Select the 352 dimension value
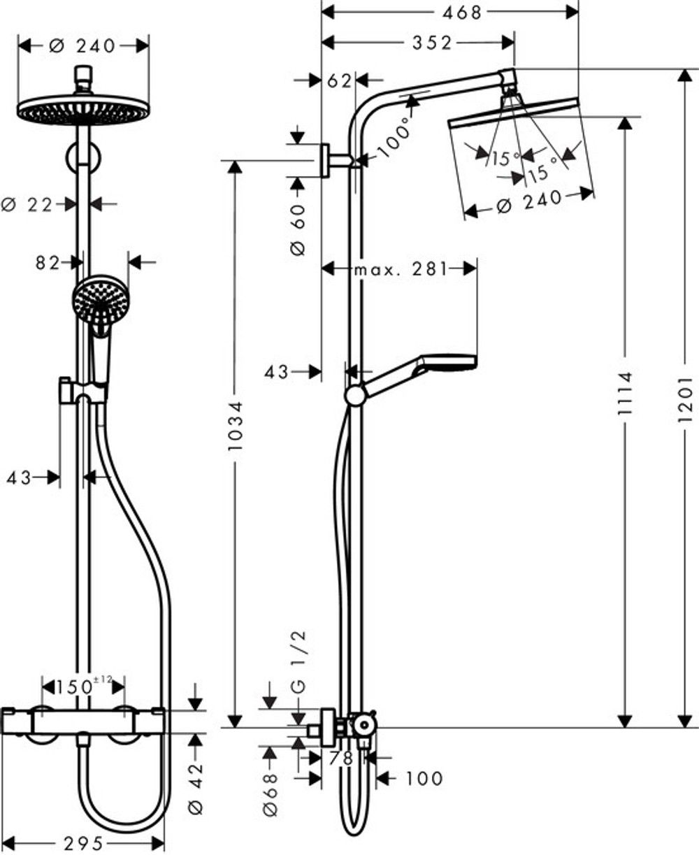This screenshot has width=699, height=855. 431,43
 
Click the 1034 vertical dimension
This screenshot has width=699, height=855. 236,425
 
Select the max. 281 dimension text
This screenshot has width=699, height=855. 399,269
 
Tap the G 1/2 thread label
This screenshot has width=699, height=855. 298,661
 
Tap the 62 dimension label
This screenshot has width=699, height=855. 339,80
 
